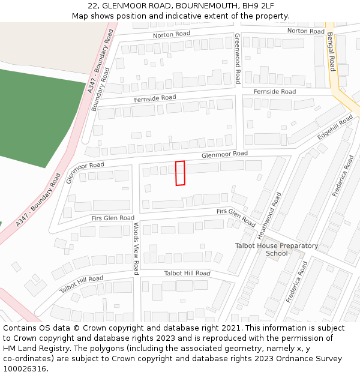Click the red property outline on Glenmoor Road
pos(180,173)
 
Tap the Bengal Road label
pos(331,52)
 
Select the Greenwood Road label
pos(238,58)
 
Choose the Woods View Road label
pos(136,248)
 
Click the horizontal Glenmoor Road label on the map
pos(224,154)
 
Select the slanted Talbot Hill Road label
pos(81,284)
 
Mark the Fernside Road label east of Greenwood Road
pos(275,92)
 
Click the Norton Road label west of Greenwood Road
pos(171,35)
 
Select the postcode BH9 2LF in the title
pos(262,7)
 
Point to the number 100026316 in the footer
pos(26,368)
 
